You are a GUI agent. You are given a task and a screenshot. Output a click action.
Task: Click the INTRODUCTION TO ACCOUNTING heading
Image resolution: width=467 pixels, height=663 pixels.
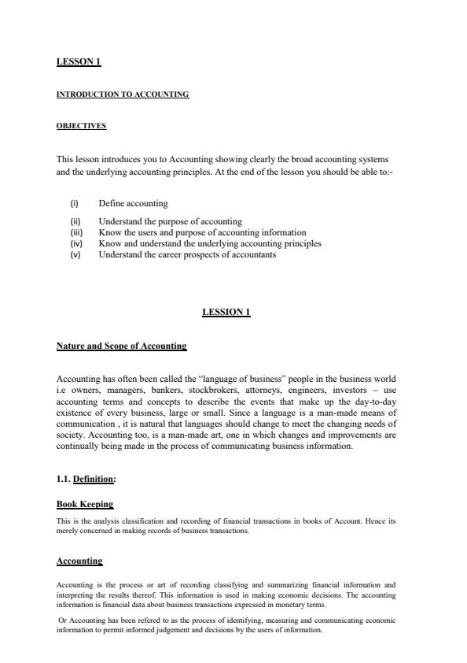point(123,94)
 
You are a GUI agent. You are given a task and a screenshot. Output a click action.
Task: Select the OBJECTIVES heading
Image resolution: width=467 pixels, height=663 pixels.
point(81,126)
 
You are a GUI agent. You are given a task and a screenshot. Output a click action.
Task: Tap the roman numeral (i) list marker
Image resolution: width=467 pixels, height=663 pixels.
point(75,203)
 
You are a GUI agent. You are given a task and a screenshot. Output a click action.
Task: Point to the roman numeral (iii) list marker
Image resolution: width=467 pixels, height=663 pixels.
point(76,233)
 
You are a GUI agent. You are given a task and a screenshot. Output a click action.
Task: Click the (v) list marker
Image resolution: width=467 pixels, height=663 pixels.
point(75,255)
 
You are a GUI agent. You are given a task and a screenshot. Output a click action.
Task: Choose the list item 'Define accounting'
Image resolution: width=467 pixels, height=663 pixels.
point(133,203)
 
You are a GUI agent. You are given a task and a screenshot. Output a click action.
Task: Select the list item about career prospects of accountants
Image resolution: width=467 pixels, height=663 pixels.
point(187,255)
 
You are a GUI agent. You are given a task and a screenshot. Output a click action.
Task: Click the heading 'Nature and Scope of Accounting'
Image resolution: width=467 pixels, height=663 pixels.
point(122,346)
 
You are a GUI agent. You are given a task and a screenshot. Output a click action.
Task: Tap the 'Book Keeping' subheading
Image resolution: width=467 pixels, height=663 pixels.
point(85,504)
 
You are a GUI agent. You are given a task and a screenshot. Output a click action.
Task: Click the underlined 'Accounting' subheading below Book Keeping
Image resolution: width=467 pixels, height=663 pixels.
point(79,561)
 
